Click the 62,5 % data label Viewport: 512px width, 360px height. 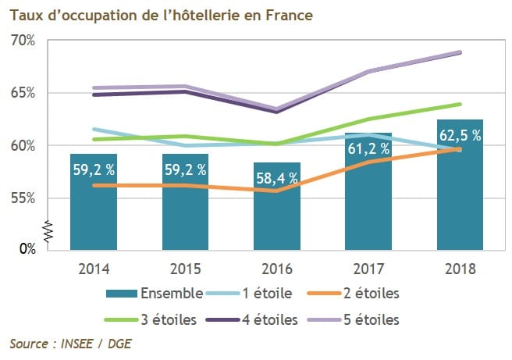[459, 134]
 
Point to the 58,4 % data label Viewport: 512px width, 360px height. [277, 177]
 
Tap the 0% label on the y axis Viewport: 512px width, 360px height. [27, 249]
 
